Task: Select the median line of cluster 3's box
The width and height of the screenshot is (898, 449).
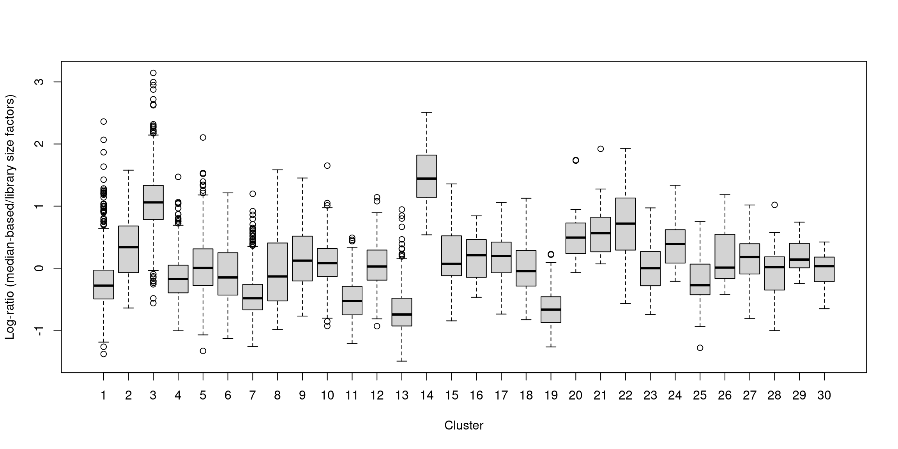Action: click(x=153, y=202)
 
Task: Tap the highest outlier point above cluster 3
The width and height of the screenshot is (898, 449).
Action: click(x=153, y=73)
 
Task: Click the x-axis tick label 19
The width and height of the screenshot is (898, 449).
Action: click(x=551, y=396)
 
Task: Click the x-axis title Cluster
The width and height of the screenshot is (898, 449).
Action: click(x=463, y=425)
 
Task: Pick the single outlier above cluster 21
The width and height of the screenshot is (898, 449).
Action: click(x=601, y=149)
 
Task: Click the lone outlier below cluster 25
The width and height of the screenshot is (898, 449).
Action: click(x=700, y=348)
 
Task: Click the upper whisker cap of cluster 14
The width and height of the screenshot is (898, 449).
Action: click(x=426, y=112)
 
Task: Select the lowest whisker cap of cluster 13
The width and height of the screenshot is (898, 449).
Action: click(x=402, y=361)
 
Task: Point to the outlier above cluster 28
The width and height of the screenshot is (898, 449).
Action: click(x=774, y=205)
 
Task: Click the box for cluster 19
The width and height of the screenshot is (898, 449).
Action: click(x=551, y=309)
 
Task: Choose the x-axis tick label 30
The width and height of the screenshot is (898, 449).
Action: click(x=824, y=396)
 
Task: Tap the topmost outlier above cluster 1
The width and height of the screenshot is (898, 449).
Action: click(x=104, y=122)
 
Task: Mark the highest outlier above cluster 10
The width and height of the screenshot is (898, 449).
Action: click(x=327, y=166)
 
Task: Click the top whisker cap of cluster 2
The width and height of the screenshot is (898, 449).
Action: click(x=128, y=170)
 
